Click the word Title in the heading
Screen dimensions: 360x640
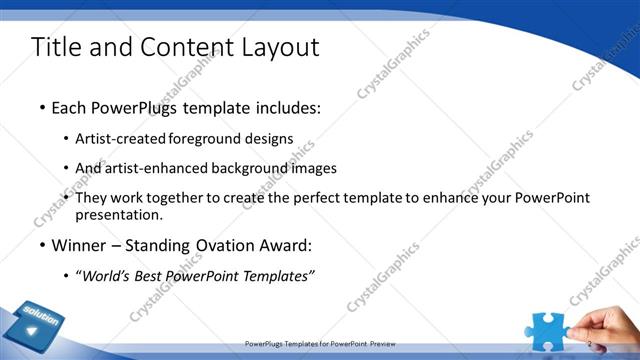coord(56,47)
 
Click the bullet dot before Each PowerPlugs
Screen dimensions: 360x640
coord(42,107)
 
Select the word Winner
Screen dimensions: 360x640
coord(80,245)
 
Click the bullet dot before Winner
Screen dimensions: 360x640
coord(42,245)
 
